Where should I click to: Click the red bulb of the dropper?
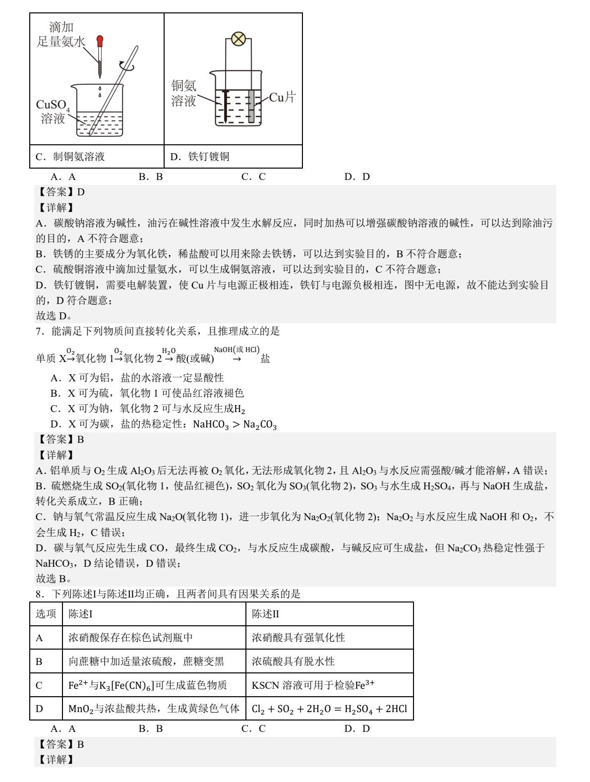click(100, 40)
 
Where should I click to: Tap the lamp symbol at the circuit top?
click(238, 39)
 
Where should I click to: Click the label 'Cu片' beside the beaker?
click(282, 97)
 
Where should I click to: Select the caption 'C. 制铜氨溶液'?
click(70, 157)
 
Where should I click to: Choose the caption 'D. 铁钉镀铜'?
click(200, 157)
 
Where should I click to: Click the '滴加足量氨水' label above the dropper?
click(61, 35)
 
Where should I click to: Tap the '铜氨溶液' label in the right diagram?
click(184, 93)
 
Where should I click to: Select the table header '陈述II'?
click(265, 614)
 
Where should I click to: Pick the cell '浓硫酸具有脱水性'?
click(293, 661)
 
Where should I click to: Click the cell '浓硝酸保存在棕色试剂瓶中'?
click(130, 637)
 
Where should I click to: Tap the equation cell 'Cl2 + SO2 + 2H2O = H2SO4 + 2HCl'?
click(329, 709)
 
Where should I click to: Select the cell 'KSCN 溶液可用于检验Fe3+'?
click(313, 685)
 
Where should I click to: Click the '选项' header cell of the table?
click(46, 614)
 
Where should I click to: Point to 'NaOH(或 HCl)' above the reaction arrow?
click(236, 350)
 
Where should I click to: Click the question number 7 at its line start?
click(39, 331)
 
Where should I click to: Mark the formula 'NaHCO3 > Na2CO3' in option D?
click(235, 424)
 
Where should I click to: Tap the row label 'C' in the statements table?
click(39, 685)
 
